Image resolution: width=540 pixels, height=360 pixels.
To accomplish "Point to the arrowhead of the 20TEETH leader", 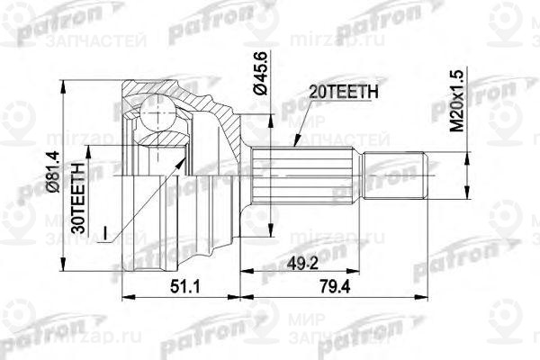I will (297, 144).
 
